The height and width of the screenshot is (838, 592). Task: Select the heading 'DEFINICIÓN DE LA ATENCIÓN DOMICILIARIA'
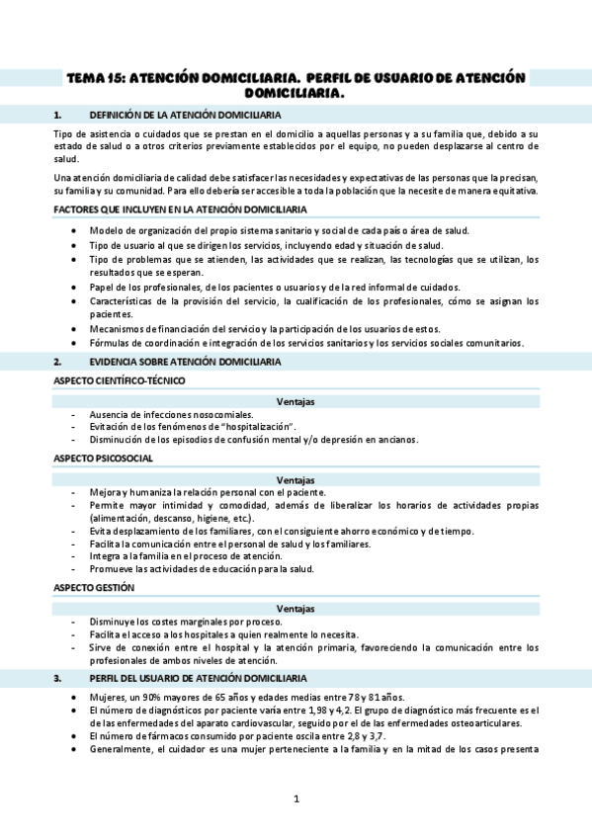point(187,115)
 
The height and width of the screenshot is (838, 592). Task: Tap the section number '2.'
point(58,362)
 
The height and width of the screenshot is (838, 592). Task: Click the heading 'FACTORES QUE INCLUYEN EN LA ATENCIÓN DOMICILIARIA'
point(179,210)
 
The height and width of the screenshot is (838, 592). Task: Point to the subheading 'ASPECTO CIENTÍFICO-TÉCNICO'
point(119,380)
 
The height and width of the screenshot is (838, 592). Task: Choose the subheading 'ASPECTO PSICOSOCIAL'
point(103,459)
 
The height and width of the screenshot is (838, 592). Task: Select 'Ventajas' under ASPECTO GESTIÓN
point(296,608)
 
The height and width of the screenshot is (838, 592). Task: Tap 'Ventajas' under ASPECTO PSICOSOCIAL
point(296,479)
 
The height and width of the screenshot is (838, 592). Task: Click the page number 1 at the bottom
point(296,798)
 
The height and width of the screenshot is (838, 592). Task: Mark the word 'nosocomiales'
point(220,414)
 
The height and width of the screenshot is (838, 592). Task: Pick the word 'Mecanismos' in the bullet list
point(116,328)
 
